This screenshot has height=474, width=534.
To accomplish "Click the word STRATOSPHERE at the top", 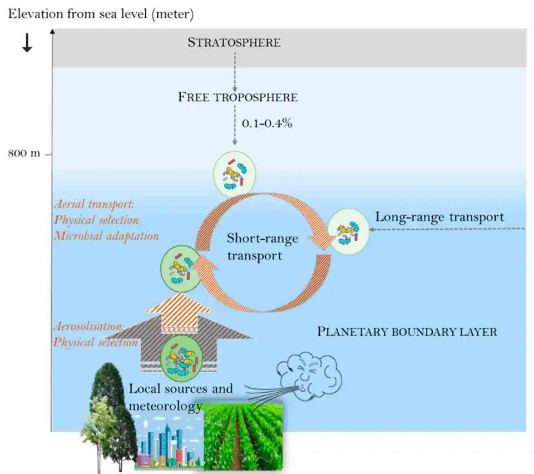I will [x=234, y=42].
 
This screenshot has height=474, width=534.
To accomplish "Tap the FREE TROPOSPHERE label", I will [x=238, y=97].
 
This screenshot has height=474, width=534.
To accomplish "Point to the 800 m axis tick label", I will [x=24, y=154].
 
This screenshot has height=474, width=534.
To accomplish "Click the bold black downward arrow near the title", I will [x=27, y=45].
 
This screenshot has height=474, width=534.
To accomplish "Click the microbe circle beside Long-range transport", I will [x=348, y=232].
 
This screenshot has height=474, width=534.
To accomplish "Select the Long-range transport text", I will [x=439, y=216].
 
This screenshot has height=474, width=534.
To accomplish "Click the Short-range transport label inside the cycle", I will [x=263, y=246].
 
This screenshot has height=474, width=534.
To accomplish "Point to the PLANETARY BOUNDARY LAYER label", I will [x=407, y=332].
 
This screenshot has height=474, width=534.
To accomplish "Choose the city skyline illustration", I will [x=167, y=442].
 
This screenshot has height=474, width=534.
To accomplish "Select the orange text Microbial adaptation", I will [x=106, y=235].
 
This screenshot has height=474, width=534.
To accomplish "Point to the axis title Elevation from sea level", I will [x=100, y=14].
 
